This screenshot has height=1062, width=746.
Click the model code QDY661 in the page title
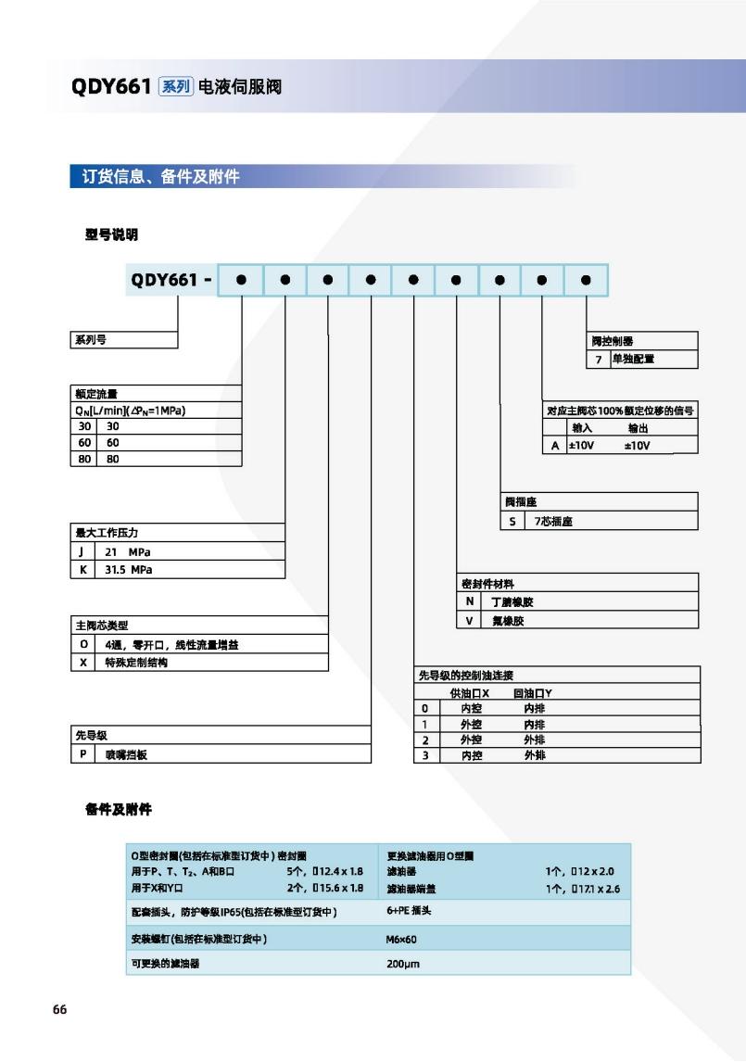pos(110,87)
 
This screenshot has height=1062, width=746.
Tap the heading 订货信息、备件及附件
pos(155,176)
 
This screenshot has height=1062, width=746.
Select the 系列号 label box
pos(90,340)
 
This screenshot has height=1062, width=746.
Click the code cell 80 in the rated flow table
pos(82,458)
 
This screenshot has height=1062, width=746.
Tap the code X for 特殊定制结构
pos(83,664)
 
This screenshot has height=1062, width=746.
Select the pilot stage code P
pos(82,754)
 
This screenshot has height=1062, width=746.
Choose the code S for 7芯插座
pos(512,521)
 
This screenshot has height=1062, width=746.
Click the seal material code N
pos(470,601)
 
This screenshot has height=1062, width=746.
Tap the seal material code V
pos(470,620)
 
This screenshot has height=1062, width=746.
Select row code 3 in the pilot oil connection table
pos(424,755)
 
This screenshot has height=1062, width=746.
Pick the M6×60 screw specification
pos(402,939)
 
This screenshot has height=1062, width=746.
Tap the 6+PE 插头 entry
pos(409,911)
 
